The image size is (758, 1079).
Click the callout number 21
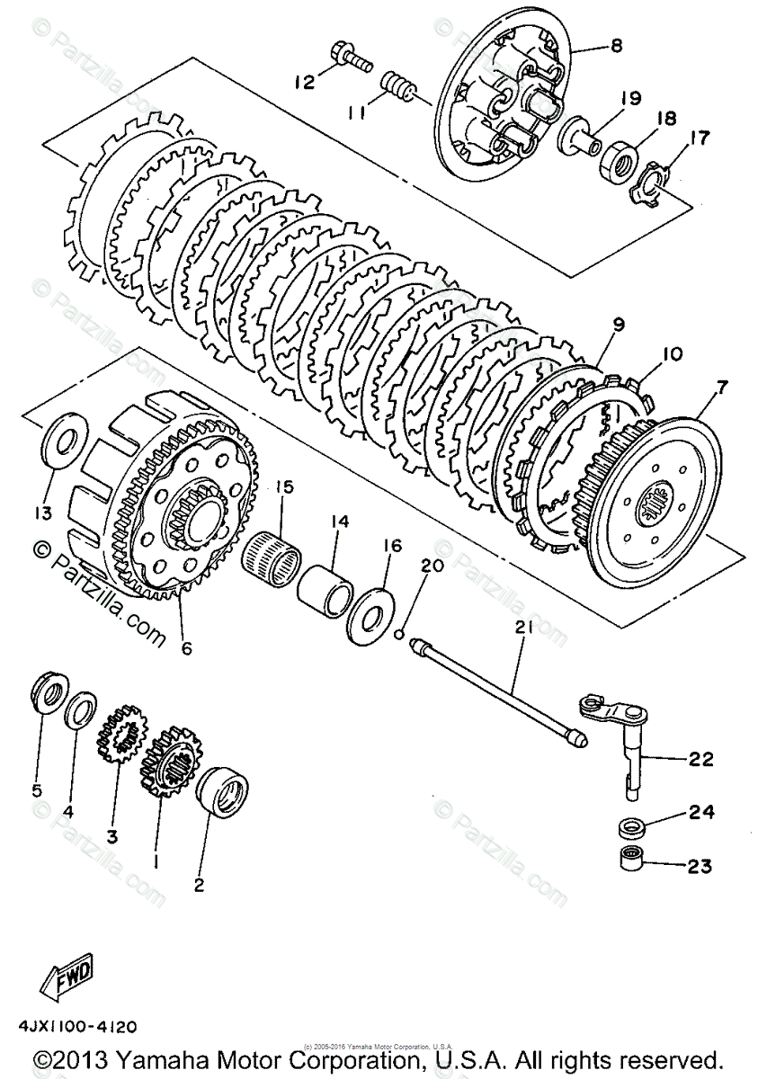point(523,630)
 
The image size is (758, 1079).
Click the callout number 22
point(700,759)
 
